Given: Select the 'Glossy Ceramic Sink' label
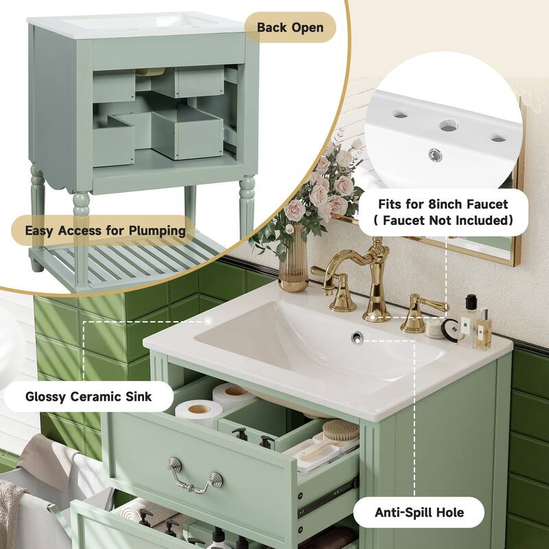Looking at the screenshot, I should click(89, 396).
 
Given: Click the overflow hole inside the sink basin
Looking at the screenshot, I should click(357, 336).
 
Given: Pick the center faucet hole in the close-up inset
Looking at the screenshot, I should click(447, 125).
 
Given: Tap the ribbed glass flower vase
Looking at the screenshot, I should click(293, 264).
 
